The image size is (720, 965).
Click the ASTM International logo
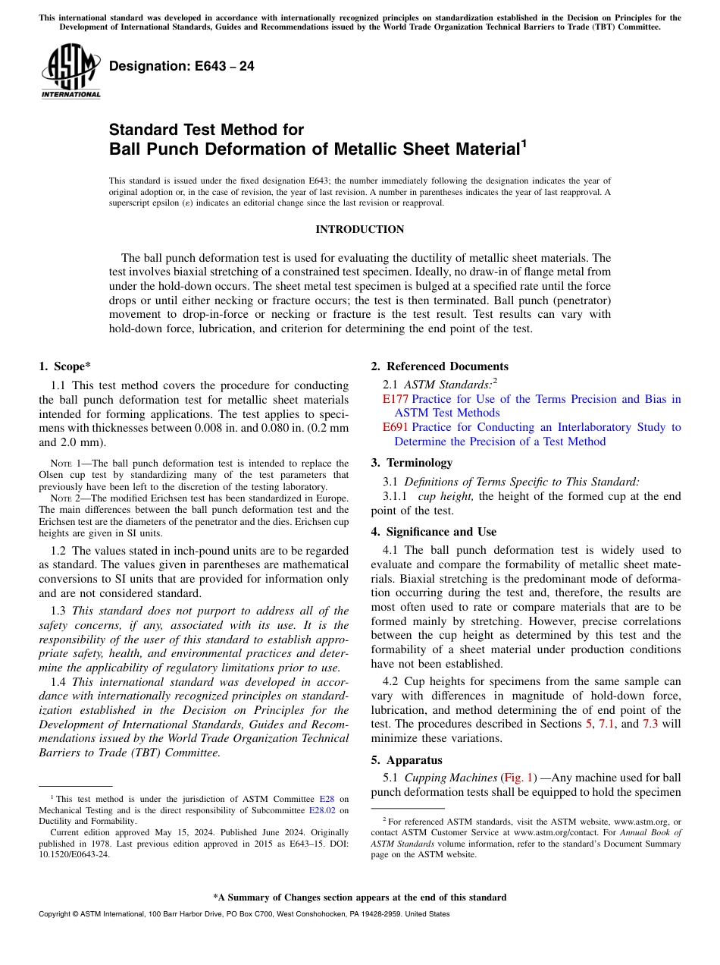point(70,71)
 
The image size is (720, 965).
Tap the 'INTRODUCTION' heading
point(359,229)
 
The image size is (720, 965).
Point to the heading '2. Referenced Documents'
point(440,366)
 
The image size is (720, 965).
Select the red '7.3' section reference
point(650,724)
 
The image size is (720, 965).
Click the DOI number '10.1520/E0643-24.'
point(68,853)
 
